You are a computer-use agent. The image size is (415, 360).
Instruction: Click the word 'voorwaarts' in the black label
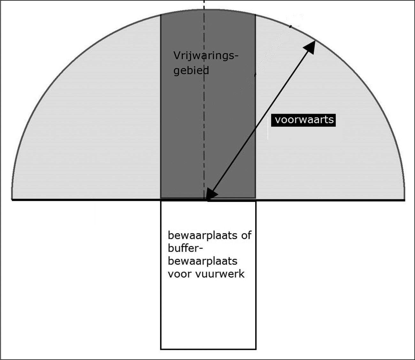pos(304,120)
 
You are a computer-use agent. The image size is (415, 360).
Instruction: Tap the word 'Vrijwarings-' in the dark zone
pos(206,56)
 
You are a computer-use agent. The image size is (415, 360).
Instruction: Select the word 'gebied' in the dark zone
pos(191,71)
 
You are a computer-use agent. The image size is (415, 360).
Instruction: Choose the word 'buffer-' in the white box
pos(185,248)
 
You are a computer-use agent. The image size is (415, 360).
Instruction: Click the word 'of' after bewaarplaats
pos(246,235)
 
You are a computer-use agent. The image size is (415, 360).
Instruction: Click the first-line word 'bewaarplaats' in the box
pos(203,236)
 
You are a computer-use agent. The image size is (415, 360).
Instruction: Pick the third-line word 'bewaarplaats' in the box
pos(203,261)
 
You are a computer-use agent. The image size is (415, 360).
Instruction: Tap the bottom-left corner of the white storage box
pos(161,349)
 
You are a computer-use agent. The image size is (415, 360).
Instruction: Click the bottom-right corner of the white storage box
pos(256,349)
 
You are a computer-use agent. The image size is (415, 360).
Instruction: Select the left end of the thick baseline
pos(12,200)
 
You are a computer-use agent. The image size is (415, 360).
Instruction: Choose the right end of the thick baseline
pos(405,200)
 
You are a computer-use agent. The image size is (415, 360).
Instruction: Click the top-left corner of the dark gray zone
pos(161,15)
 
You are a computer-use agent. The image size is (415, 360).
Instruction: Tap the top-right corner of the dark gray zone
pos(255,15)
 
